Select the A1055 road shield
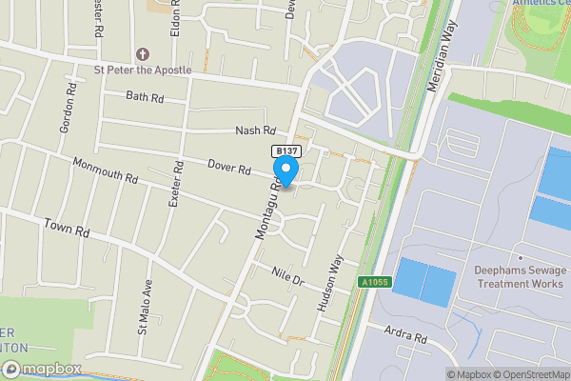[x=375, y=281]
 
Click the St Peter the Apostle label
[x=142, y=70]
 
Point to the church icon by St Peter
[x=143, y=53]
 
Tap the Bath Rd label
[x=146, y=96]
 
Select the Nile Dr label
[x=285, y=275]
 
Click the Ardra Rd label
[x=406, y=334]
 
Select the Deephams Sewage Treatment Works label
[x=520, y=277]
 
